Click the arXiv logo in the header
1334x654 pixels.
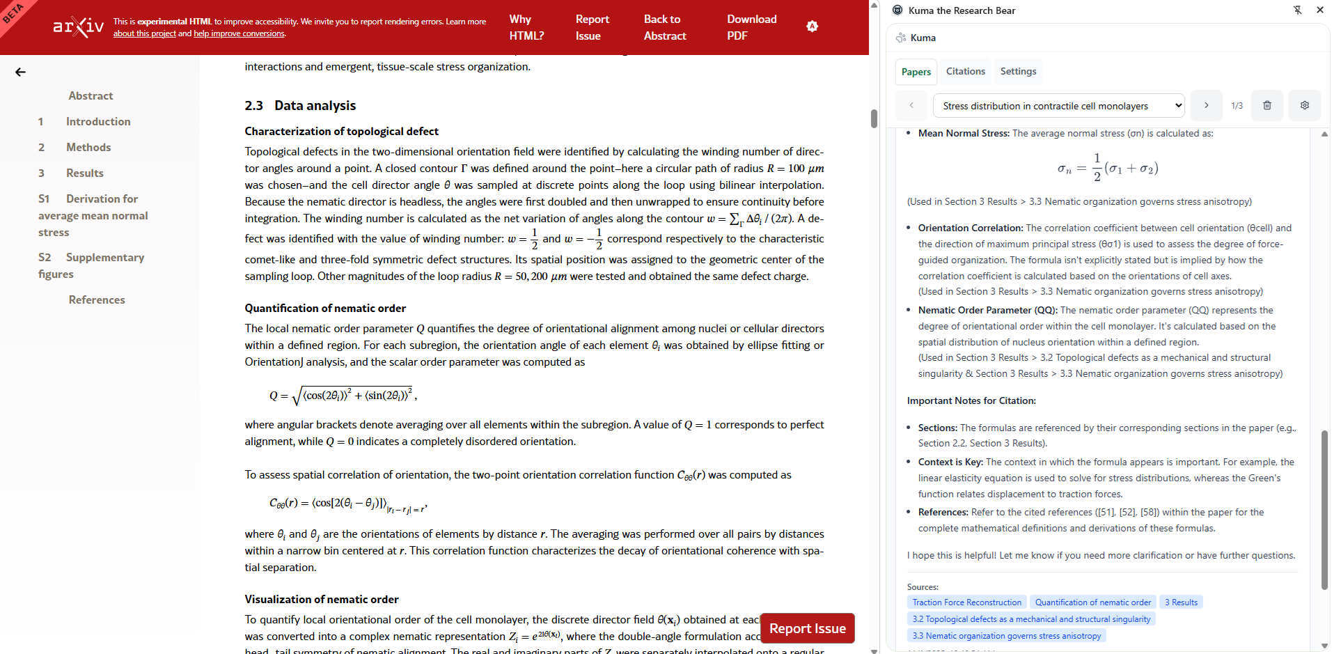[x=79, y=26]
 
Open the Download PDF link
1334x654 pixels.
[x=751, y=27]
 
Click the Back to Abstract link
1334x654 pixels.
[x=664, y=27]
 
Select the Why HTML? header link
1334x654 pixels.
[x=526, y=27]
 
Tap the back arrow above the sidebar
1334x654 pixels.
[x=20, y=72]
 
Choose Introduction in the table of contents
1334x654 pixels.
[x=98, y=121]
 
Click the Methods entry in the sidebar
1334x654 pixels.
[x=88, y=147]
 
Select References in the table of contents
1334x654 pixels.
[x=97, y=299]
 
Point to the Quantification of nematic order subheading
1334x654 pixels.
[x=325, y=308]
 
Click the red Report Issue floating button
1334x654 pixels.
[x=807, y=628]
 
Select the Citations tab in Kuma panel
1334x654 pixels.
[x=965, y=71]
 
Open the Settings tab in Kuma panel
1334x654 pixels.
[x=1018, y=71]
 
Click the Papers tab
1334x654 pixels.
[x=916, y=72]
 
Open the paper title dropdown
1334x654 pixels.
[x=1058, y=106]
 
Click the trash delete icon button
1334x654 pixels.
[x=1267, y=106]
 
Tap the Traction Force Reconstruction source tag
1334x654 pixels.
[x=966, y=602]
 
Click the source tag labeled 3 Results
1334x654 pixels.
[x=1181, y=602]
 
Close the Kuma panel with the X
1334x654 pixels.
[x=1319, y=10]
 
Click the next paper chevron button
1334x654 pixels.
[x=1207, y=106]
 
